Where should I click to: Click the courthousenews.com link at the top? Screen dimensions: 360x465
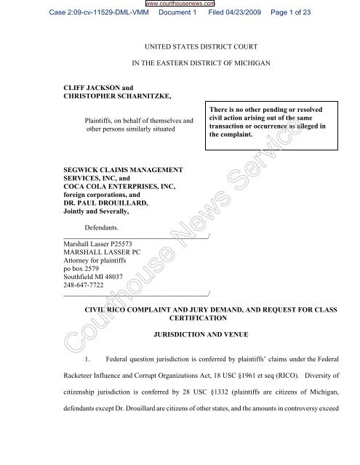coord(180,4)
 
